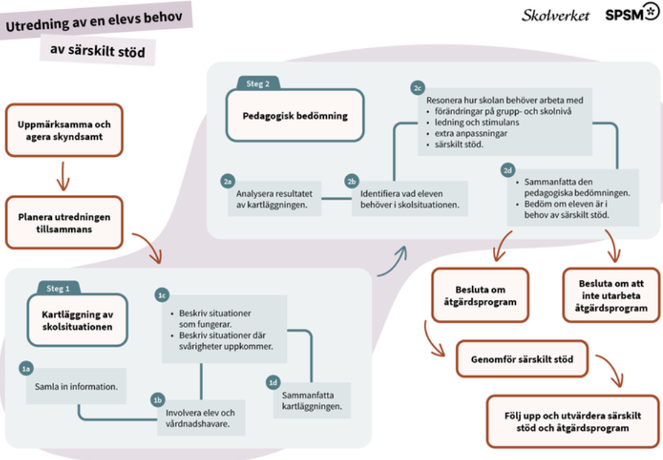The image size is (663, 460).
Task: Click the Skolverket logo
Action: coord(555,16)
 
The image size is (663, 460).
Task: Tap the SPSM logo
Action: coord(632,12)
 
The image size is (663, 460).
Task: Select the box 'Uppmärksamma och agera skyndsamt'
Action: coord(64,130)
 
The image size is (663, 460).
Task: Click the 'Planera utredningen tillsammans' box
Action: coord(64,223)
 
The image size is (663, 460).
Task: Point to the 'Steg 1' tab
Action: coord(58,289)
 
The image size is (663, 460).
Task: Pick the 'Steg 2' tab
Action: coord(258,83)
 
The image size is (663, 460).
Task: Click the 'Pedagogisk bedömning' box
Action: coord(295,115)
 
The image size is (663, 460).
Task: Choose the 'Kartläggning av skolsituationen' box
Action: coord(77,320)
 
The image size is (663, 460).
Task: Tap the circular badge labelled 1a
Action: coord(26,369)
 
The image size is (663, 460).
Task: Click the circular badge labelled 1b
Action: coord(158,400)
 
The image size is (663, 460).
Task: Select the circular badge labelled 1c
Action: coord(162,295)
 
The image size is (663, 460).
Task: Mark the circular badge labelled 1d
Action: coord(273,383)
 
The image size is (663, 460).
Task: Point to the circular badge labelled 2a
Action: coord(228,181)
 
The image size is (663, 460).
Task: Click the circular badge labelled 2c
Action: coord(417,88)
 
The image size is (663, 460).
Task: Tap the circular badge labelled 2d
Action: coord(508,170)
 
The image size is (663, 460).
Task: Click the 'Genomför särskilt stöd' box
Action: coord(522,359)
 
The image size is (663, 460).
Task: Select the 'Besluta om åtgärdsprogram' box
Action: coord(480,295)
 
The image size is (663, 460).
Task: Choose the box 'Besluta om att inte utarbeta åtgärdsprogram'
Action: coord(611,295)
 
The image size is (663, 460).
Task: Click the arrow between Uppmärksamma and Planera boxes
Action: coord(63,176)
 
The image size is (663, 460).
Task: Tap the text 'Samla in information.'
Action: coord(76,386)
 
